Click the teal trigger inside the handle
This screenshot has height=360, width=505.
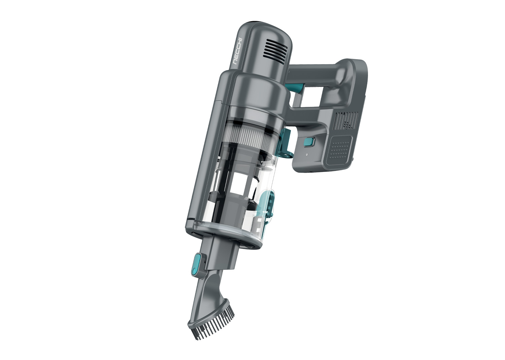click(295, 88)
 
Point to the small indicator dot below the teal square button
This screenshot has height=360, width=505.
click(306, 155)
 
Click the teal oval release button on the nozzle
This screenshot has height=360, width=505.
click(197, 263)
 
